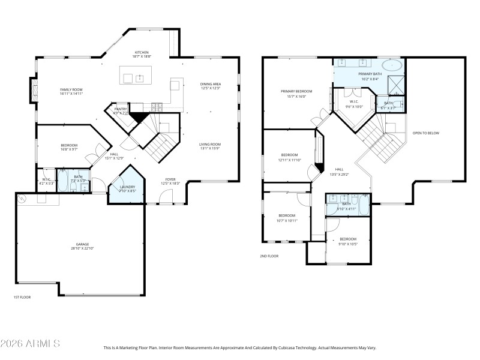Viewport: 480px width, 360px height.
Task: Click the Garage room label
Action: tap(82, 246)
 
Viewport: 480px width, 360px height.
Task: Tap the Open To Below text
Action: tap(425, 133)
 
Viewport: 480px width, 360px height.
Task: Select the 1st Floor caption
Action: tap(22, 297)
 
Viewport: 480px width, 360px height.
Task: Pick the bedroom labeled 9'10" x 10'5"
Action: tap(348, 241)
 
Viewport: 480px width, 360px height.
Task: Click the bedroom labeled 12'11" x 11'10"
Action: tap(290, 157)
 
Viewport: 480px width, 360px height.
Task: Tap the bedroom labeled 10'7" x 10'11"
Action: tap(286, 217)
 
